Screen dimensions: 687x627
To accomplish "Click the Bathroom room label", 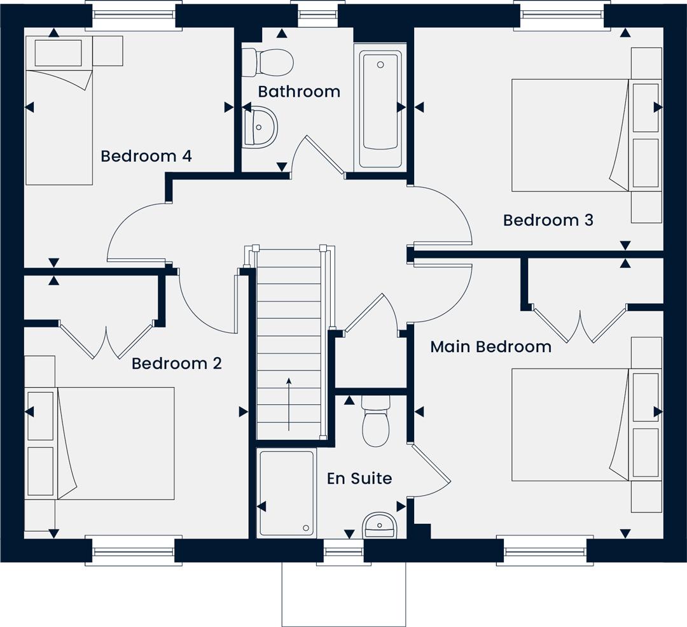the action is [x=299, y=92].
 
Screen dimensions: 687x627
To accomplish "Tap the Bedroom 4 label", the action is [x=146, y=156].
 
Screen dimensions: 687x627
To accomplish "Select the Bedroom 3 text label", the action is [x=548, y=220].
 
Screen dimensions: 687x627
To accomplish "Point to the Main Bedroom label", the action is [x=490, y=347].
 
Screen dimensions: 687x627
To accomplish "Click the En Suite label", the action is [x=359, y=478].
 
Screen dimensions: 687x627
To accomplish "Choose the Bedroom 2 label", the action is [x=177, y=363].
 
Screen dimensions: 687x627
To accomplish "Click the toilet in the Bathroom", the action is [x=268, y=62].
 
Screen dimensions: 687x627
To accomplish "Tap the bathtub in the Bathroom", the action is [x=380, y=109].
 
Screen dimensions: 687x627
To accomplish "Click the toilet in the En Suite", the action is [x=376, y=421].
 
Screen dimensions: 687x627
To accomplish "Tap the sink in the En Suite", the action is [x=379, y=525].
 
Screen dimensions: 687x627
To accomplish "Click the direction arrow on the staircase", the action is [x=289, y=404].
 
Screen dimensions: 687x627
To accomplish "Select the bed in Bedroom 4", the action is [x=59, y=111].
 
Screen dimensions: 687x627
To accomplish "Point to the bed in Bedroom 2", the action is [x=116, y=443].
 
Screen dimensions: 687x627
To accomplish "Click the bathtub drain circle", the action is [x=380, y=65].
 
